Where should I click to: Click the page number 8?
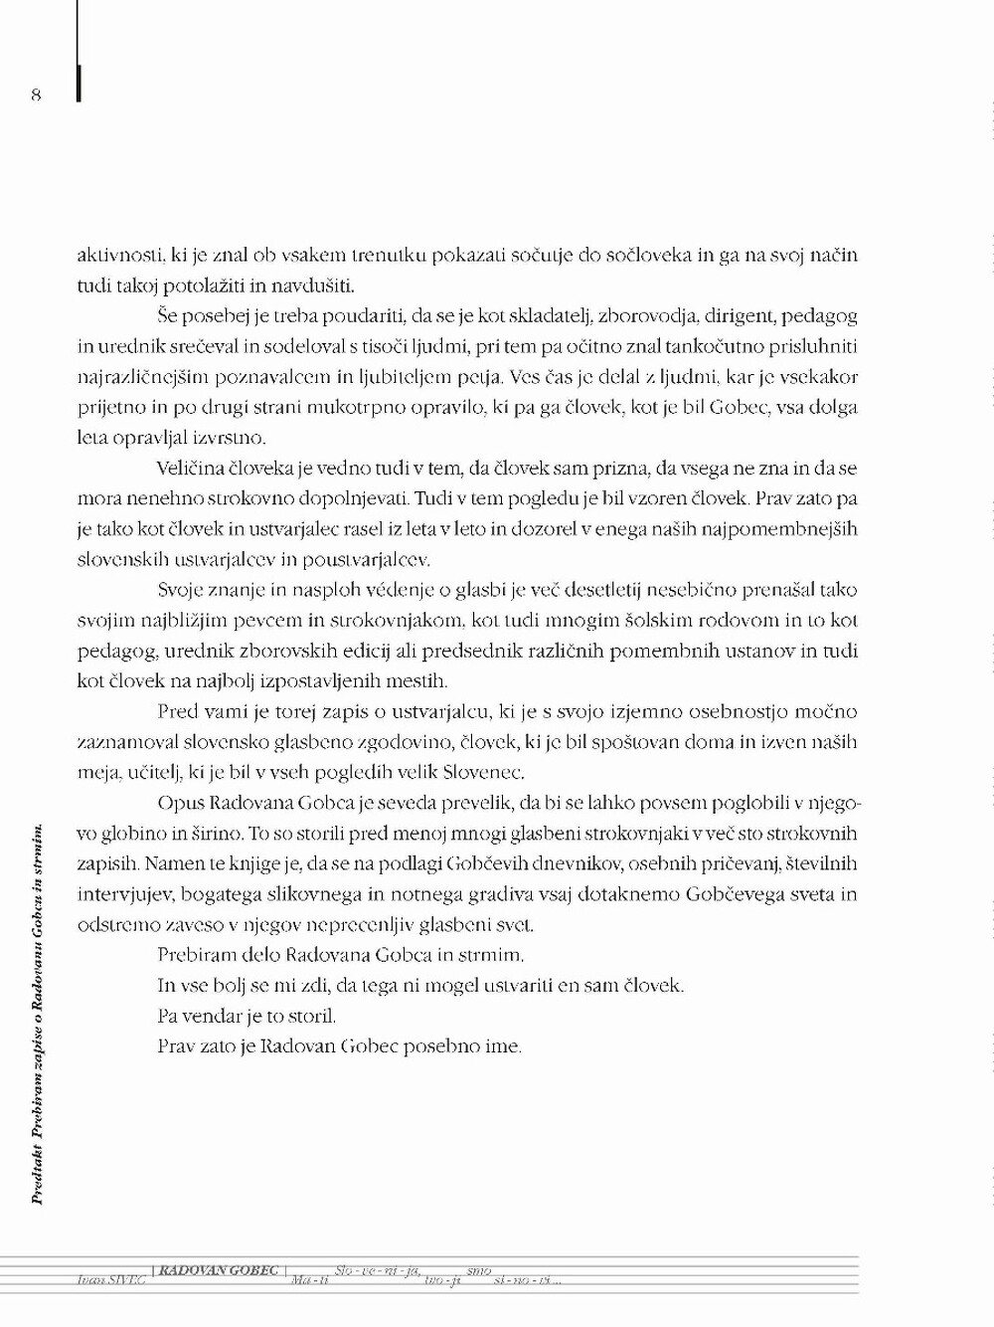(x=36, y=95)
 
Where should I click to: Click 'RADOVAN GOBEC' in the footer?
(x=218, y=1271)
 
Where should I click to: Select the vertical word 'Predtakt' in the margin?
(x=38, y=1170)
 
